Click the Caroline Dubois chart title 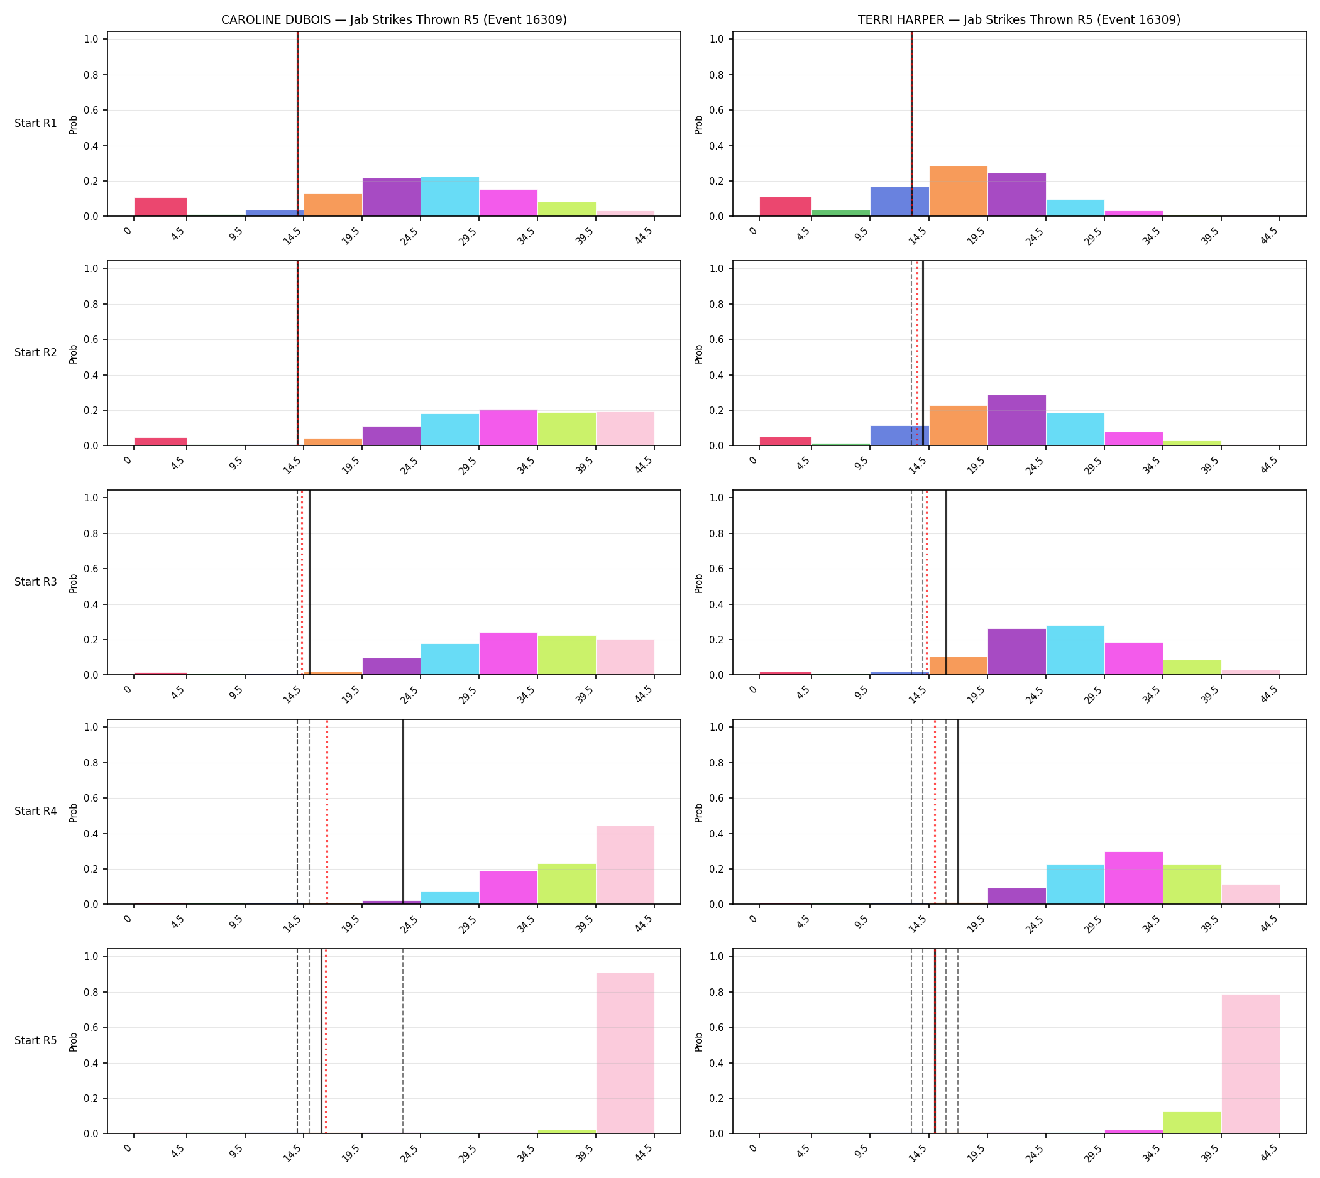point(393,19)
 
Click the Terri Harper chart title point(1019,19)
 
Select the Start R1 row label point(36,123)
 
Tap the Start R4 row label point(36,811)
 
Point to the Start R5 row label point(36,1041)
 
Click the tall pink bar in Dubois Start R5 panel point(625,1054)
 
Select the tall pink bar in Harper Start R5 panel point(1250,1064)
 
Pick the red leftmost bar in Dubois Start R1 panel point(161,207)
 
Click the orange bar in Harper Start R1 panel point(958,191)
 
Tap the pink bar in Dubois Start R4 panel point(625,865)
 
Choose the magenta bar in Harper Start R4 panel point(1133,878)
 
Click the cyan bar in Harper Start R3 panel point(1075,650)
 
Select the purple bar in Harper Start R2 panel point(1017,421)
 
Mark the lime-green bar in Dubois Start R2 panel point(567,429)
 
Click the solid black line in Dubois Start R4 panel point(403,812)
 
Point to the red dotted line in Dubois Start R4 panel point(327,812)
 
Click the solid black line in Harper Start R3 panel point(946,582)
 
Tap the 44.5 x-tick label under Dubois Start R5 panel point(644,1153)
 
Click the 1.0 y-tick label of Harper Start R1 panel point(717,39)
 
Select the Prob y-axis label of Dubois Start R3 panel point(73,583)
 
